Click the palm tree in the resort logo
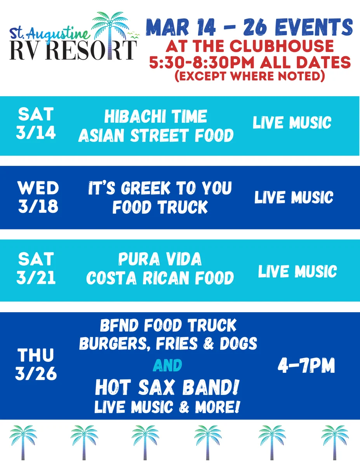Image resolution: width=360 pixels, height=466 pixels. point(110,34)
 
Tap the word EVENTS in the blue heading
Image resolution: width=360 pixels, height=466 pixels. point(313,27)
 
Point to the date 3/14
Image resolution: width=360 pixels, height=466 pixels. point(36,133)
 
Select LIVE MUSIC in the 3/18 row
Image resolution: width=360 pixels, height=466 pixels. point(294,197)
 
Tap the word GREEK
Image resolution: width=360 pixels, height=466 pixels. point(146,188)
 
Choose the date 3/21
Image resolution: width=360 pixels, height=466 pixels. point(36,278)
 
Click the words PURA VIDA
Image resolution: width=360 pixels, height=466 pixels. point(160,259)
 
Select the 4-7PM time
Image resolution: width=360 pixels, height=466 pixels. point(306,365)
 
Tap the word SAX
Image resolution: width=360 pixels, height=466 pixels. point(156,387)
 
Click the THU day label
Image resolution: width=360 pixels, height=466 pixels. point(36,355)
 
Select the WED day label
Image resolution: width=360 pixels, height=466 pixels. point(38,188)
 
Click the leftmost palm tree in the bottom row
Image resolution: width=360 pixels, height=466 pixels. point(23,442)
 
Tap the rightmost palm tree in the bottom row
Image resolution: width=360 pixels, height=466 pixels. point(335,442)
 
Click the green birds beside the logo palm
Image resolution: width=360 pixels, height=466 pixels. point(133,35)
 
